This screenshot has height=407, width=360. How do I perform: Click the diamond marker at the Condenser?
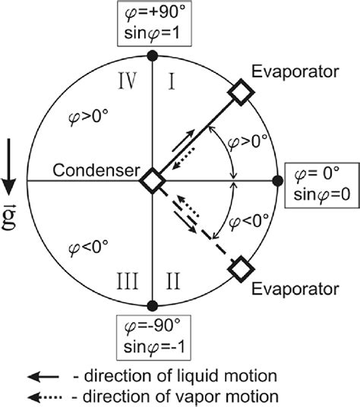click(x=153, y=181)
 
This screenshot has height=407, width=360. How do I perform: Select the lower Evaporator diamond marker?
click(x=241, y=268)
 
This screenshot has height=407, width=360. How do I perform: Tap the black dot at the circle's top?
click(x=153, y=55)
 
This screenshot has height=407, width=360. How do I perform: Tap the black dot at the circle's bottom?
click(x=153, y=305)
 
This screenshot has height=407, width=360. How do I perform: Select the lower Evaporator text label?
click(x=298, y=289)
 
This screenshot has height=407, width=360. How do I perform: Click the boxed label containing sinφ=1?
click(x=152, y=25)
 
